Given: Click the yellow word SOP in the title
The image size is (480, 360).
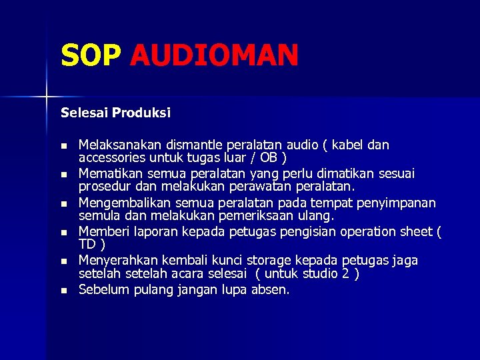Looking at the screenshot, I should [x=91, y=55].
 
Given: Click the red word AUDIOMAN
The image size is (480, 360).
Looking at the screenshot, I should [x=214, y=55].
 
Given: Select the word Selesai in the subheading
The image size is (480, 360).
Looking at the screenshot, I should [x=84, y=113].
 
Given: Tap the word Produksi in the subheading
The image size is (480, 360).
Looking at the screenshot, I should [x=141, y=113].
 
